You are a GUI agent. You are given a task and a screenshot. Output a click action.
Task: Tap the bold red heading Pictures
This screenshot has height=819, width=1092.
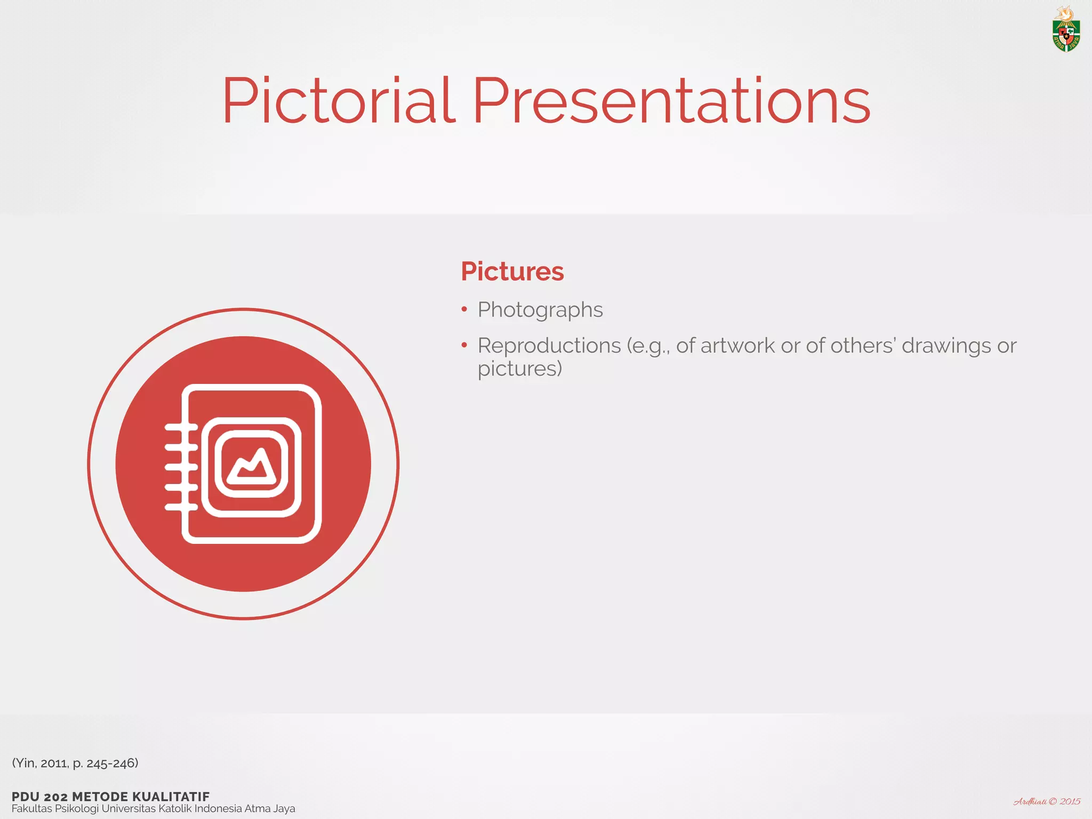(x=512, y=271)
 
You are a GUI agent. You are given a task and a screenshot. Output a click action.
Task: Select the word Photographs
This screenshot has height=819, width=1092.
(x=540, y=310)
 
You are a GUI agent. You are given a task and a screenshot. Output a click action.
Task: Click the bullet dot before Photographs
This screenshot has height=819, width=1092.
(x=464, y=309)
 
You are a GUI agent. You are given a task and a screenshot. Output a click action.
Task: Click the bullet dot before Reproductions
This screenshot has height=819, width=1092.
(x=464, y=346)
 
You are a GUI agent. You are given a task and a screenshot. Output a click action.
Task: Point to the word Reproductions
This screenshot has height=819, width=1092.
(x=549, y=346)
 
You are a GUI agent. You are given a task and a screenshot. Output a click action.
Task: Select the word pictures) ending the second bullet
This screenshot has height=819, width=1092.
(x=519, y=369)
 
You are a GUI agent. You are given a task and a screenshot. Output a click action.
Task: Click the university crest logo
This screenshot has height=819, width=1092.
(x=1065, y=30)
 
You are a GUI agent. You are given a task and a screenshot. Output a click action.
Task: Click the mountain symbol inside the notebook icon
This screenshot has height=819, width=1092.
(x=251, y=463)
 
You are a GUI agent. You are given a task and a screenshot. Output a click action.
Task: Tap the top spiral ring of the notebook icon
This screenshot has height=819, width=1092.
(x=181, y=427)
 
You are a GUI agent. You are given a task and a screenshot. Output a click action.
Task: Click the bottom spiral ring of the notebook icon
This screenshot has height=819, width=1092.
(x=181, y=507)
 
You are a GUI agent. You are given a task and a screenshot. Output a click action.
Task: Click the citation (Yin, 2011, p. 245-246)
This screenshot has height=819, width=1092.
(x=75, y=763)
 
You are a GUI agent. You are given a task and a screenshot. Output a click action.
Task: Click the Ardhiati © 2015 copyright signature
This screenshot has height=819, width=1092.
(x=1046, y=801)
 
